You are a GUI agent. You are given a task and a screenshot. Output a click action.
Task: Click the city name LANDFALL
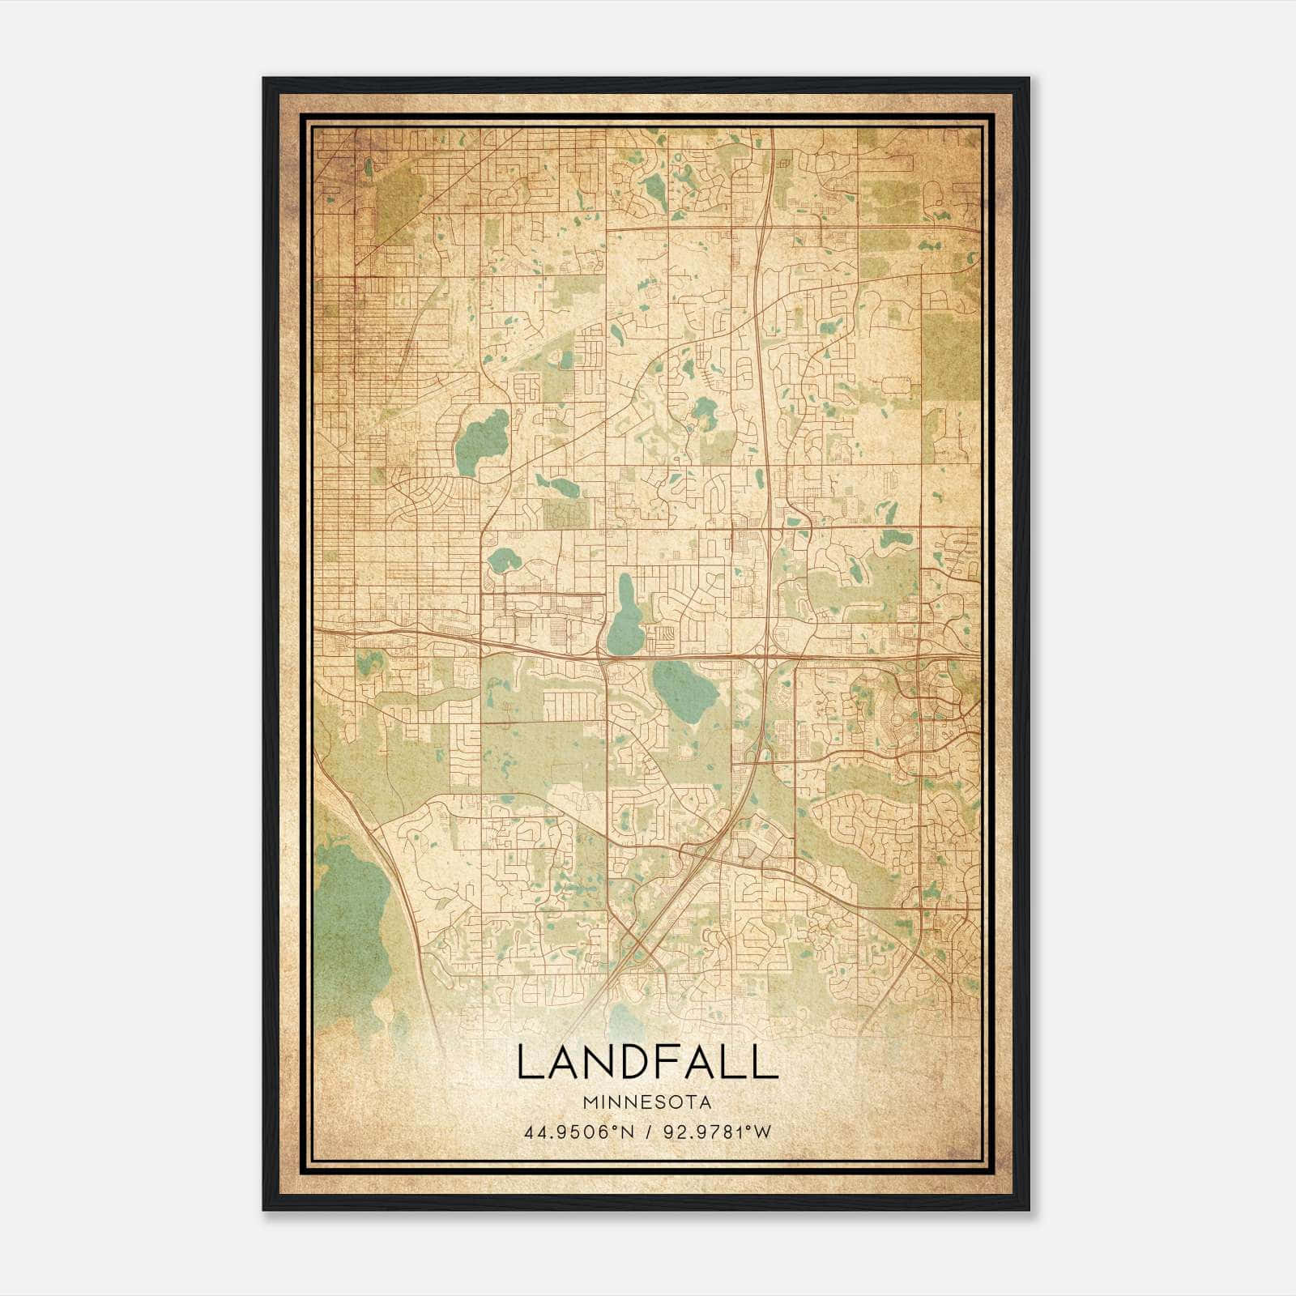(646, 1063)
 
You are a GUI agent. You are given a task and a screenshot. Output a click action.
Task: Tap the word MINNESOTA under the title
(646, 1103)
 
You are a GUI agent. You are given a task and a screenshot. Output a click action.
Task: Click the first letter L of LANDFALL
(527, 1063)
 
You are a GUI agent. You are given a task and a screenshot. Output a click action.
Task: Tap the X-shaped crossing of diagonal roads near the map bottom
(640, 944)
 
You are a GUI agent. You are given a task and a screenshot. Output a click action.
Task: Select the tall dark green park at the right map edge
(951, 356)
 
